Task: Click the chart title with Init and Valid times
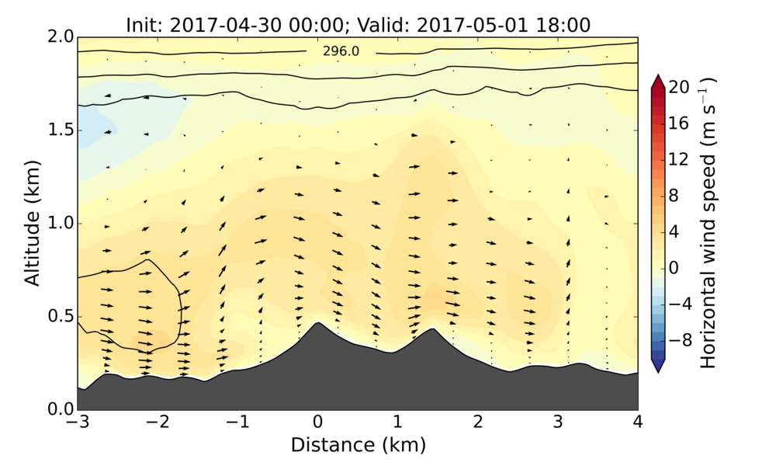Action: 358,25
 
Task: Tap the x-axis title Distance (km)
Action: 358,445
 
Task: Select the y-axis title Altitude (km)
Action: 33,223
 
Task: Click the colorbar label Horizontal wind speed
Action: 708,223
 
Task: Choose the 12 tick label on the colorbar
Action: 677,159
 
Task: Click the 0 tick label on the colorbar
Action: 674,267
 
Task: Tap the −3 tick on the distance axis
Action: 78,423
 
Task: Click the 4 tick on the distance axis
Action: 638,423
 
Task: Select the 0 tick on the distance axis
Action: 317,423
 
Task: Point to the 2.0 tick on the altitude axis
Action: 62,37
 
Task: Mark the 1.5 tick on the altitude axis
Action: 62,130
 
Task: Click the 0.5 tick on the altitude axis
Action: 62,316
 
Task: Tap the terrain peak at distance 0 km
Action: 317,324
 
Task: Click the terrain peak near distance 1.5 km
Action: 431,329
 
